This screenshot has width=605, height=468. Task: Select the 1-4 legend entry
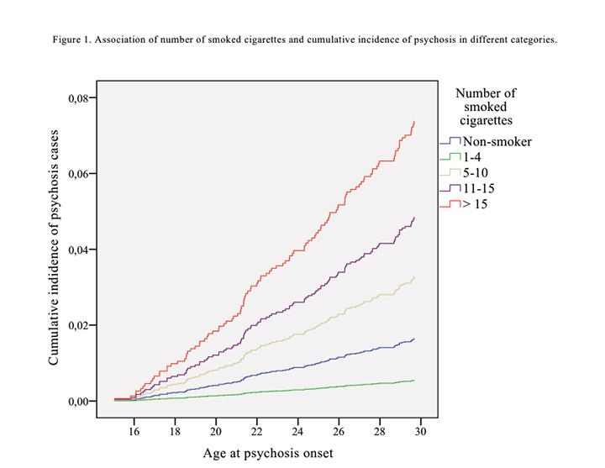(475, 157)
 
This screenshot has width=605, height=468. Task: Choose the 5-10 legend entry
(477, 172)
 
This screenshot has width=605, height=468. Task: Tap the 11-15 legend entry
(481, 187)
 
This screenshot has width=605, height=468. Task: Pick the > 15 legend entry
(476, 203)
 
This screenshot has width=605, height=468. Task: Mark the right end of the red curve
(414, 122)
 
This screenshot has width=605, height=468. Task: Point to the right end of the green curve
(414, 381)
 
